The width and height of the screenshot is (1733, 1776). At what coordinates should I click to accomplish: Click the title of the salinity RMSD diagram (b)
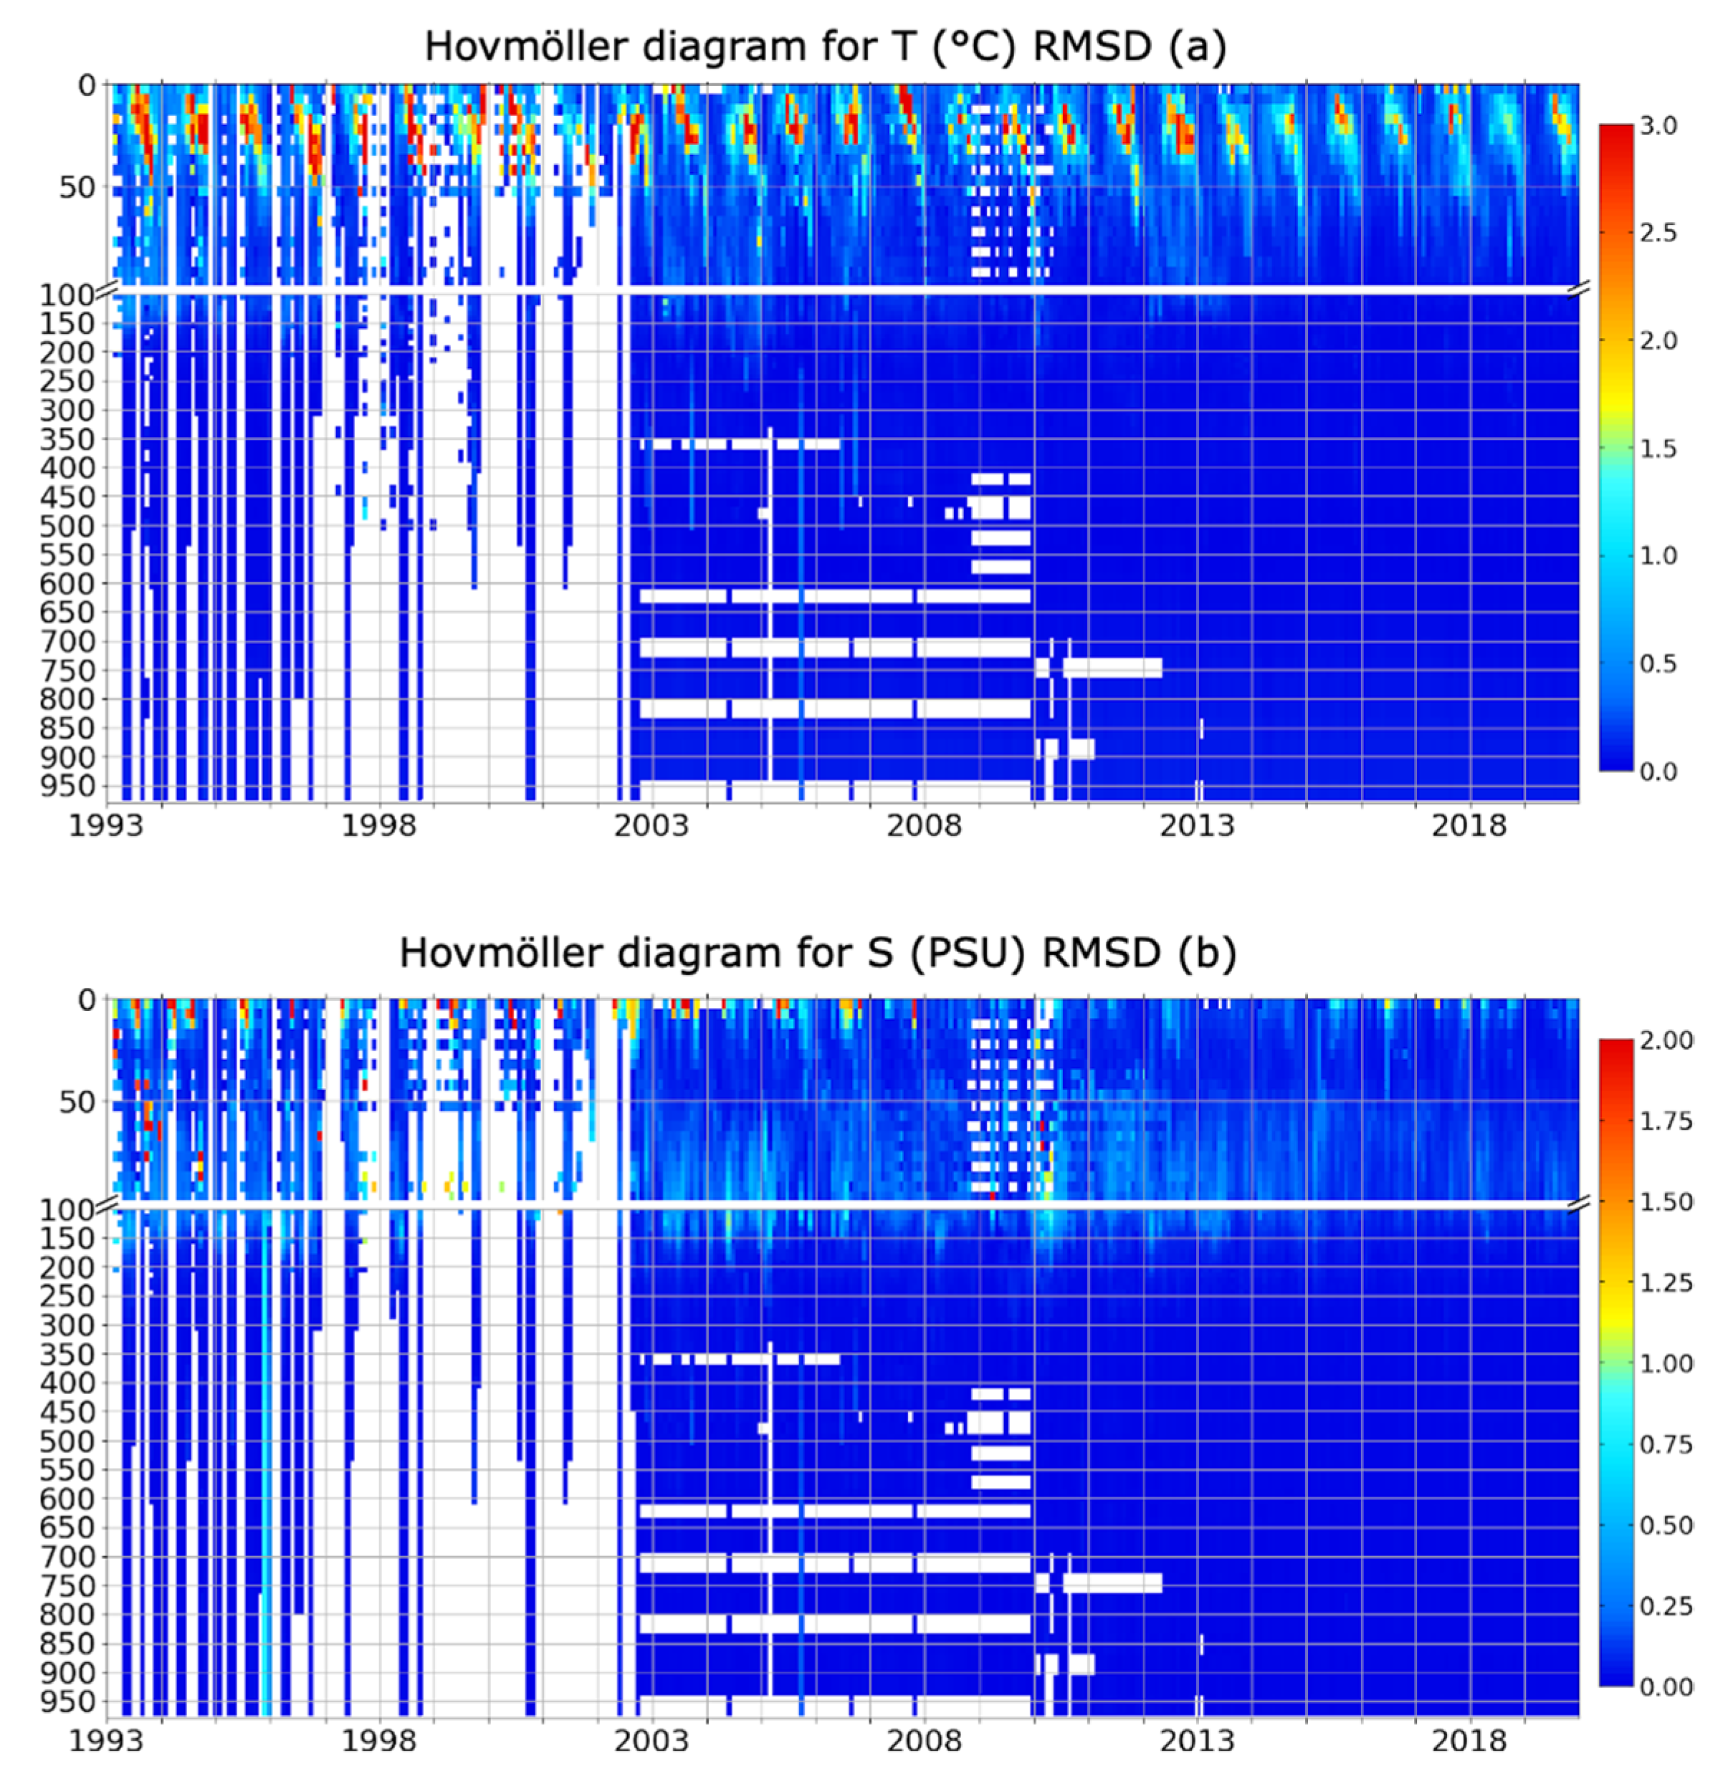pos(817,953)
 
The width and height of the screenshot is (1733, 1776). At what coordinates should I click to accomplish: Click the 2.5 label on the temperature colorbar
pos(1658,233)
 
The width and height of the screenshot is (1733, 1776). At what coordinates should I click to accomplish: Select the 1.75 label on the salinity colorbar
pos(1666,1121)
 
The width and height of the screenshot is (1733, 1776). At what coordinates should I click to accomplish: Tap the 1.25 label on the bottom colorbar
pos(1666,1283)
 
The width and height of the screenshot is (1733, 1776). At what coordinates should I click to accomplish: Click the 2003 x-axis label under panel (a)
pos(650,826)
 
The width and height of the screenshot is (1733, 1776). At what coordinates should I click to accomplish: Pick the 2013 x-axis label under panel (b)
pos(1196,1740)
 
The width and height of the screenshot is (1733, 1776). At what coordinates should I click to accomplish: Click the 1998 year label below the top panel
pos(378,826)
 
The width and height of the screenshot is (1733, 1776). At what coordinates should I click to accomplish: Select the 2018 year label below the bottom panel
pos(1469,1740)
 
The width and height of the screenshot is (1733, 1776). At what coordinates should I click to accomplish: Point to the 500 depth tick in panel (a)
pos(67,526)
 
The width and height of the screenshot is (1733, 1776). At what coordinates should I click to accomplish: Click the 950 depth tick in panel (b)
pos(67,1701)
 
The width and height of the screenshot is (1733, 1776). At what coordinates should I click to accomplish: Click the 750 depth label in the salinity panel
pos(67,1586)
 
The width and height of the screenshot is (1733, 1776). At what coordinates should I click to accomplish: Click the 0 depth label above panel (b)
pos(87,1000)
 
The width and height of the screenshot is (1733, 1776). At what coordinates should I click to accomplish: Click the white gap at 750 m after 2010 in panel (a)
pos(1112,668)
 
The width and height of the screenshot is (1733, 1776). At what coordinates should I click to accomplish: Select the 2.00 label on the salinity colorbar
pos(1666,1040)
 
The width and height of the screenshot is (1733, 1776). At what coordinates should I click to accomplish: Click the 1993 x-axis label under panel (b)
pos(107,1740)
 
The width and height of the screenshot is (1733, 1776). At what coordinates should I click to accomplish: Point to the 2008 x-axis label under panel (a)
pos(923,826)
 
